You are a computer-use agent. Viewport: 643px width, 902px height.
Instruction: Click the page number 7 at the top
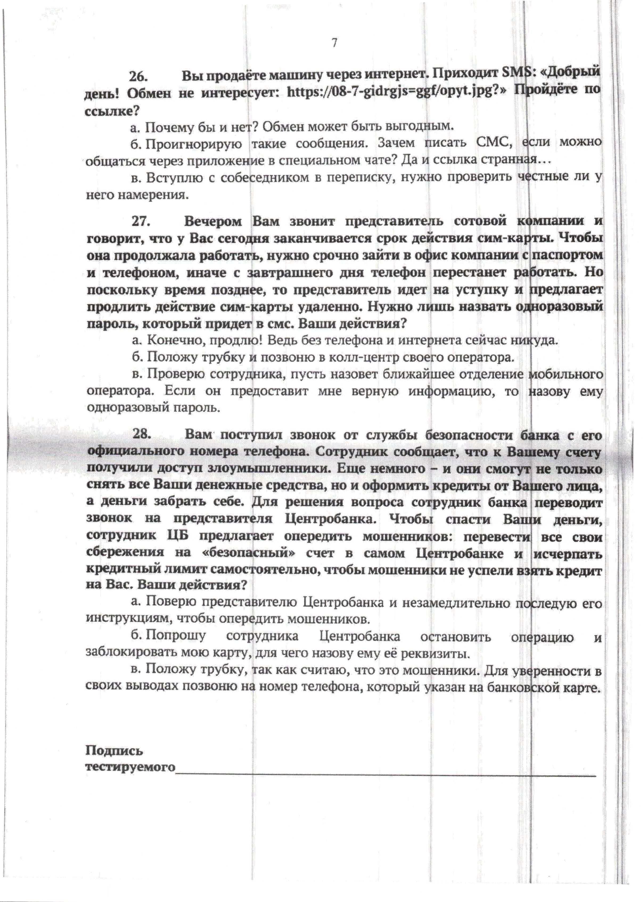[335, 43]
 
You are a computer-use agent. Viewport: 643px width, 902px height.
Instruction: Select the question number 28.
[141, 434]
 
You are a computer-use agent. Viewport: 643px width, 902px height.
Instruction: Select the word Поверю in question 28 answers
[171, 603]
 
